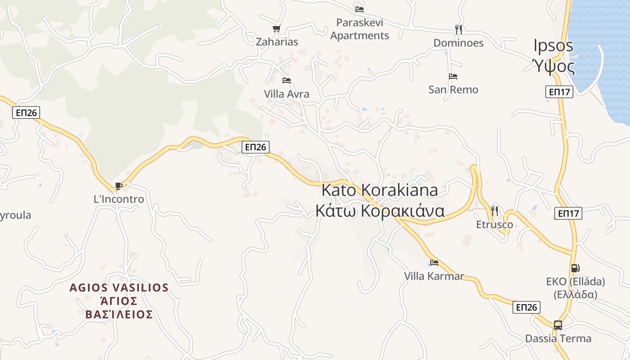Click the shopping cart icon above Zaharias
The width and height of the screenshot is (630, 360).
pyautogui.click(x=276, y=29)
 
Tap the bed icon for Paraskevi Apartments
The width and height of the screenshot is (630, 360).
pyautogui.click(x=359, y=9)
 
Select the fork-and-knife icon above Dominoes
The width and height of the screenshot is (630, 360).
pyautogui.click(x=458, y=30)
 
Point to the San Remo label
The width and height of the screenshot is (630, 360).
pyautogui.click(x=453, y=90)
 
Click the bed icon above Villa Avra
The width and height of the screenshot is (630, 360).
pyautogui.click(x=286, y=81)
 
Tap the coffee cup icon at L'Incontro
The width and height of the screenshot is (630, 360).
pyautogui.click(x=118, y=186)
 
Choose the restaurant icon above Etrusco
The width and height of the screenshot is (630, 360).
pyautogui.click(x=494, y=211)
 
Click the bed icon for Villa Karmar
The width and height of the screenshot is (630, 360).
pyautogui.click(x=434, y=263)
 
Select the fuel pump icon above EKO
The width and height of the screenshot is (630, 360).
pyautogui.click(x=575, y=268)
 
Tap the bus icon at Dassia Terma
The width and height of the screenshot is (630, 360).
pyautogui.click(x=558, y=325)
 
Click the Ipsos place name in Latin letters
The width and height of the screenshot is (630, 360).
pyautogui.click(x=553, y=45)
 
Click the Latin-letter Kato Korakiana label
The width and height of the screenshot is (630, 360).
pyautogui.click(x=379, y=190)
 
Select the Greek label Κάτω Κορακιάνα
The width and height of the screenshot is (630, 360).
pyautogui.click(x=380, y=211)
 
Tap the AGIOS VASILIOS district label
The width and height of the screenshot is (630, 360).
pyautogui.click(x=119, y=288)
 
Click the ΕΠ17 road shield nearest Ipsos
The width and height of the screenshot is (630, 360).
pyautogui.click(x=560, y=92)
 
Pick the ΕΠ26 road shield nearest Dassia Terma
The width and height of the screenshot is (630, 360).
pyautogui.click(x=526, y=307)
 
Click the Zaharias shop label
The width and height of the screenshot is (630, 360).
pyautogui.click(x=277, y=42)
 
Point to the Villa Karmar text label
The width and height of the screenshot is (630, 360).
pyautogui.click(x=434, y=276)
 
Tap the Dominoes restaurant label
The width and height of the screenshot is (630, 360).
pyautogui.click(x=458, y=43)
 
